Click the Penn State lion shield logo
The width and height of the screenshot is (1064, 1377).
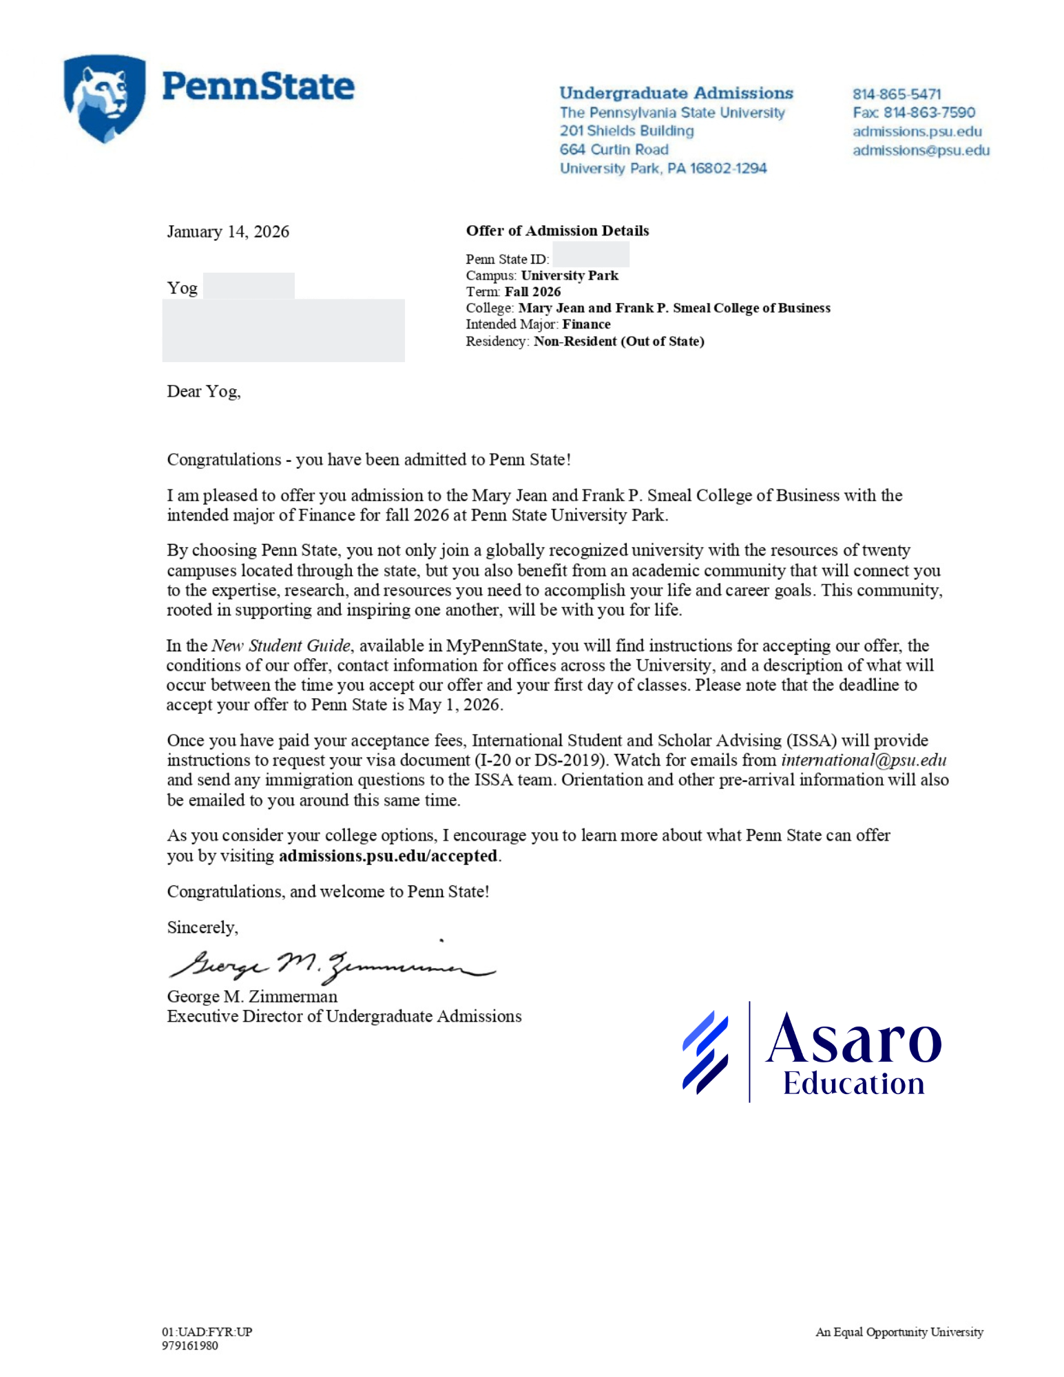105,98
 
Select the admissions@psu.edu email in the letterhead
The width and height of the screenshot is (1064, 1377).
921,150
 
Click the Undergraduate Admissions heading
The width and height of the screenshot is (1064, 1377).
676,93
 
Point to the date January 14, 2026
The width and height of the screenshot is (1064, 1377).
228,231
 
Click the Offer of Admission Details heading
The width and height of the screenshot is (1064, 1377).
557,231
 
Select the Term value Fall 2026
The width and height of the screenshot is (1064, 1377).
532,292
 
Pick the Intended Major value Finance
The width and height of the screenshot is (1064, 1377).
586,324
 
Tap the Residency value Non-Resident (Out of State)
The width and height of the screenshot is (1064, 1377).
618,341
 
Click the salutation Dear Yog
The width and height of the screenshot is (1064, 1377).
203,391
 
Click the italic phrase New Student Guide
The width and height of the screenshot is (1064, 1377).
281,646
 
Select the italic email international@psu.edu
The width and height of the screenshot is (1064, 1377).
863,760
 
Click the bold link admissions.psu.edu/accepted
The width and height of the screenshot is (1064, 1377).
388,856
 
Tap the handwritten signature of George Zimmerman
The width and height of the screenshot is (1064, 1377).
331,965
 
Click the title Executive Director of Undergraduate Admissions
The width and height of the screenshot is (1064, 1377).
344,1016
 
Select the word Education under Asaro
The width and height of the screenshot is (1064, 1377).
853,1084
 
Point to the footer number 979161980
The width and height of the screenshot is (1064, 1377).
190,1345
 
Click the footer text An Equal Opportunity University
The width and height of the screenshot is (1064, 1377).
899,1332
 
